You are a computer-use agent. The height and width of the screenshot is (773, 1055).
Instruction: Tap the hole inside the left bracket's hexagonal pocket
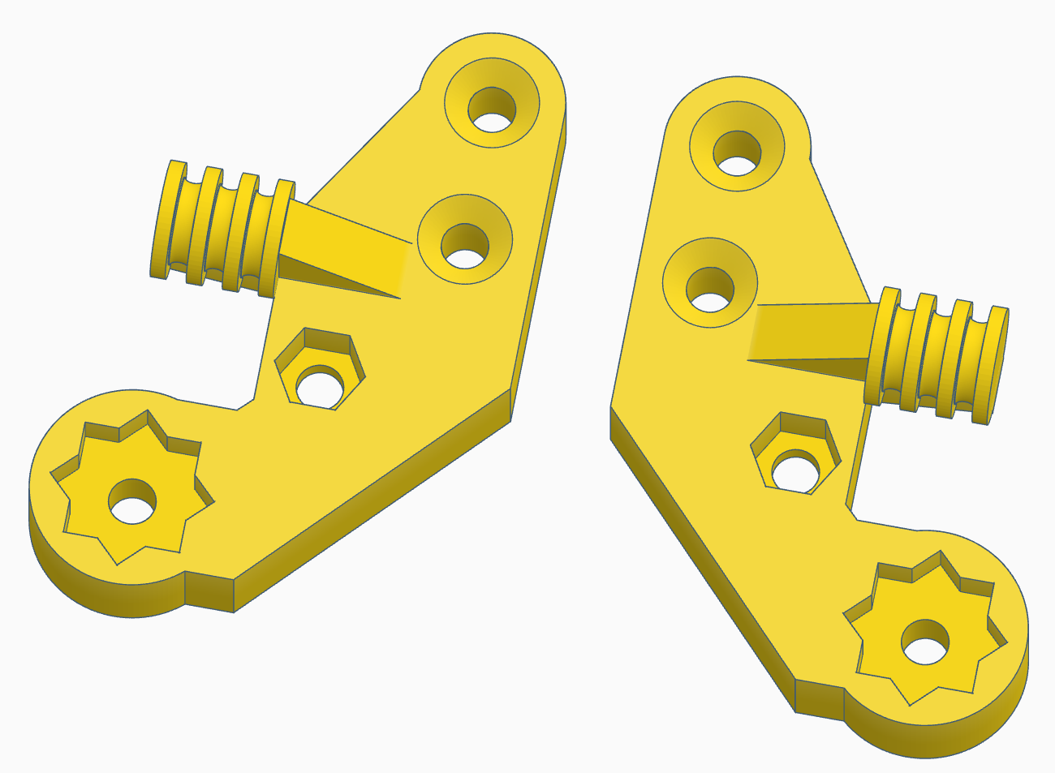(x=319, y=388)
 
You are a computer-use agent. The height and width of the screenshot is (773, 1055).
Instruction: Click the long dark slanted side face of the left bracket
(x=373, y=503)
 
